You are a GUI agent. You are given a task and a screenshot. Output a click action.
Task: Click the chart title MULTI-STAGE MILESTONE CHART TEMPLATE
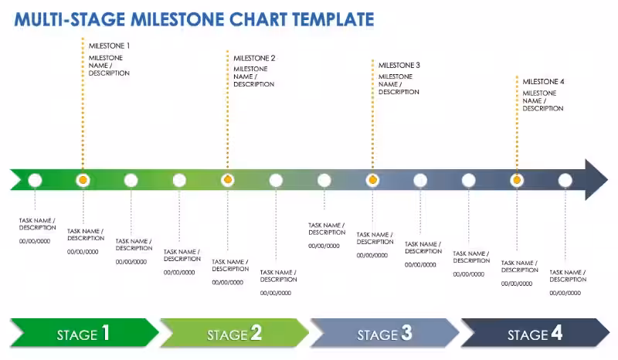coord(194,19)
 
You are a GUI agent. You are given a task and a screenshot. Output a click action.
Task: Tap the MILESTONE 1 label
coord(109,46)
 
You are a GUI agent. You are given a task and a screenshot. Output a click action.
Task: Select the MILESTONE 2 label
coord(254,58)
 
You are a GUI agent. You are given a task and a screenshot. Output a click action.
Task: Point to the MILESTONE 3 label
coord(399,66)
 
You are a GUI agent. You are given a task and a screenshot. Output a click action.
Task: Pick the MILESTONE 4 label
coord(543,81)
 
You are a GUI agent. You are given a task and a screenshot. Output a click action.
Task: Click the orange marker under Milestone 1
coord(83,180)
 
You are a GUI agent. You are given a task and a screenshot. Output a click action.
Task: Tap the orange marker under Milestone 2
coord(227,180)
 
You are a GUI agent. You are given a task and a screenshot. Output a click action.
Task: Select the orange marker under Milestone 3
coord(372,180)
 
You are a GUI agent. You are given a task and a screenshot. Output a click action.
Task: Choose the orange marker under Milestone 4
coord(517,180)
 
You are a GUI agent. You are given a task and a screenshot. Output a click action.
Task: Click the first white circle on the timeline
coord(35,180)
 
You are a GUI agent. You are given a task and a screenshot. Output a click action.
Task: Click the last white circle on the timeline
coord(565,180)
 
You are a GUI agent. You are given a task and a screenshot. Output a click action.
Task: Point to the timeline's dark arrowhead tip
coord(606,179)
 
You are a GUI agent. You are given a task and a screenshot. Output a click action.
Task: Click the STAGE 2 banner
coord(234,334)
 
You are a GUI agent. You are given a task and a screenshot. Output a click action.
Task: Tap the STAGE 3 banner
coord(385,334)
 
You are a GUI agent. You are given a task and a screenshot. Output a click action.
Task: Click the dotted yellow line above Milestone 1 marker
coord(83,108)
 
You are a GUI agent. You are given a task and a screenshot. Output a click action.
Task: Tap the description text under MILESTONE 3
coord(399,84)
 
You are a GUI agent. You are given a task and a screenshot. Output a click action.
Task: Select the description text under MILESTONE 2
coord(254,76)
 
